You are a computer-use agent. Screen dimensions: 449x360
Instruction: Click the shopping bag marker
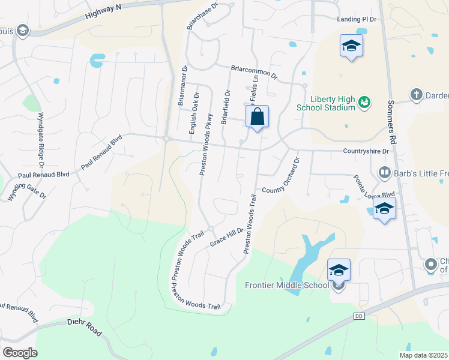click(x=257, y=117)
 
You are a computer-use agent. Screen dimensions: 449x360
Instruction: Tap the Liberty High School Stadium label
click(x=326, y=104)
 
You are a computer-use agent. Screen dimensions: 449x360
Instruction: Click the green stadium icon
click(x=364, y=103)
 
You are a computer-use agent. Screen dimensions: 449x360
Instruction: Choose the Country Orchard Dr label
click(x=280, y=175)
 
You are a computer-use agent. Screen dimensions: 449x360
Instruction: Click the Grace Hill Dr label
click(x=227, y=236)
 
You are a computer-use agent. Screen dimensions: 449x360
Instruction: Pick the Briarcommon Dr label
click(x=255, y=73)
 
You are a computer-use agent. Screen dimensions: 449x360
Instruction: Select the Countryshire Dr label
click(x=366, y=151)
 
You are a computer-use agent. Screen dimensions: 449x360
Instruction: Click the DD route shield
click(x=359, y=316)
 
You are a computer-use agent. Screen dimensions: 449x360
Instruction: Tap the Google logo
click(x=20, y=352)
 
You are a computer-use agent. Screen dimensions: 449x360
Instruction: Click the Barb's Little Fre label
click(x=421, y=173)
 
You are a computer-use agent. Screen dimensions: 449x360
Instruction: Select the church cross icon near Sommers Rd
click(x=416, y=94)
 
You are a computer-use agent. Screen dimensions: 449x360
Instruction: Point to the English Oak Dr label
click(x=193, y=116)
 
